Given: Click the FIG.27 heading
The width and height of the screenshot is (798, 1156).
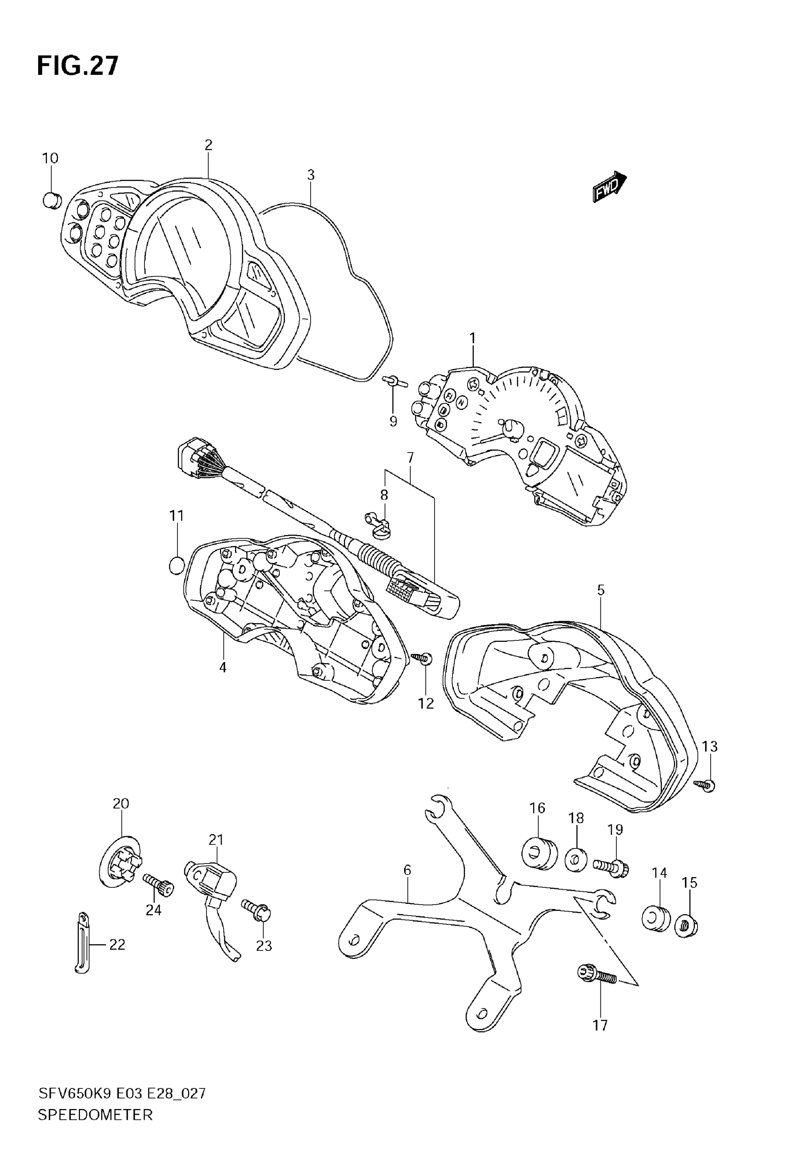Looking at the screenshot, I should point(78,66).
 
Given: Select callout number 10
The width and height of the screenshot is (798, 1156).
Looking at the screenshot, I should point(50,159).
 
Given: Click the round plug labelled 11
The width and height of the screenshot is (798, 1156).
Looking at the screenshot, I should point(176,566).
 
